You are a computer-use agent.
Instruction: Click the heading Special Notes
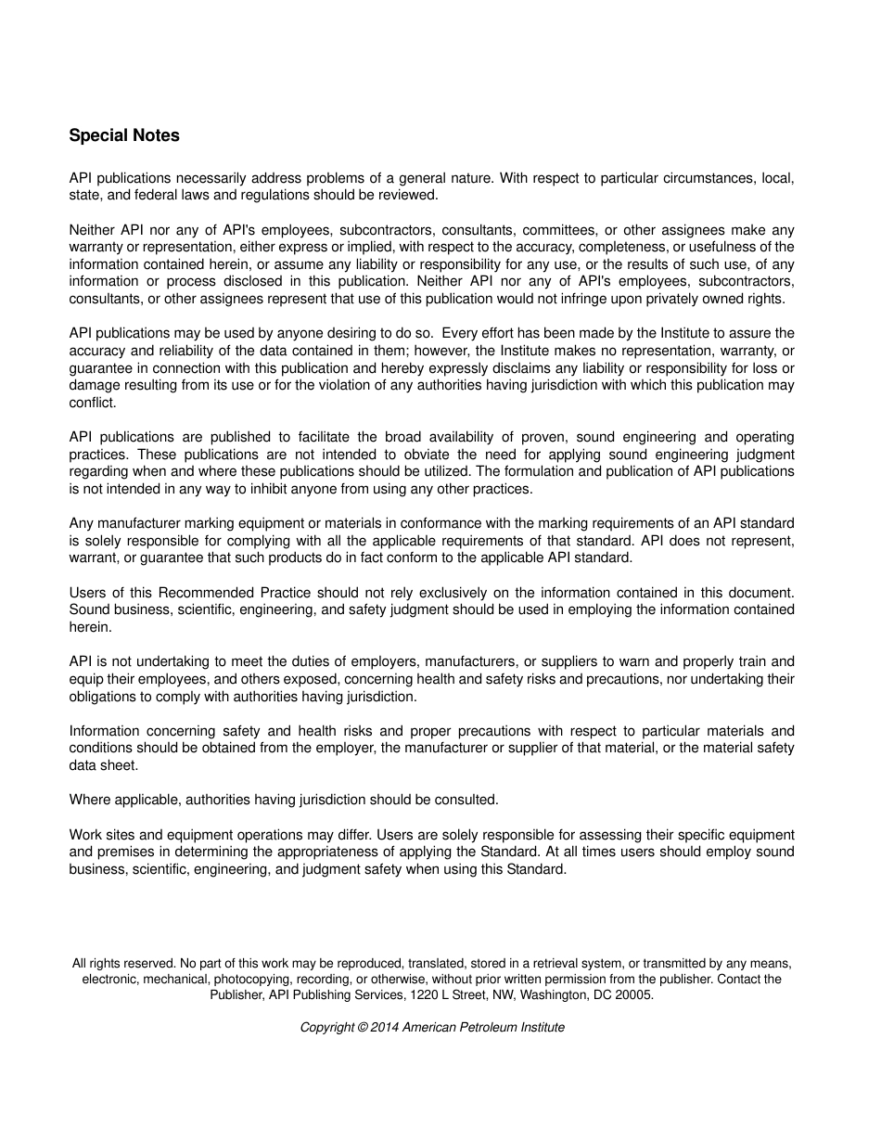click(124, 135)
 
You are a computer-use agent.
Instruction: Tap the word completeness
click(632, 247)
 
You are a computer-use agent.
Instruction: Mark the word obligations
click(103, 697)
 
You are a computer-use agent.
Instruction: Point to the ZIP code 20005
click(635, 994)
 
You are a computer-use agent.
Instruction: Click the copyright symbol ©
click(362, 1028)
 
